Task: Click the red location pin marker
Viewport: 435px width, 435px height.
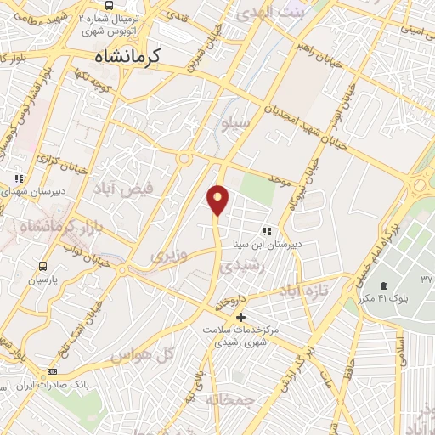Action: (x=218, y=201)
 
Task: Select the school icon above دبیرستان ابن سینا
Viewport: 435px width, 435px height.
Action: (x=267, y=230)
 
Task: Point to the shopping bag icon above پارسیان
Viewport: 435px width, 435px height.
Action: (x=40, y=265)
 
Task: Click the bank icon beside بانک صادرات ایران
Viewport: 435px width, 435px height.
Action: (x=53, y=371)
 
